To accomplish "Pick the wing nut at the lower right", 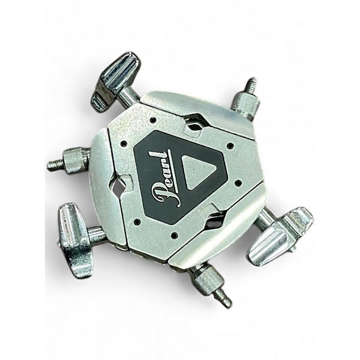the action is [x=280, y=236].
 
